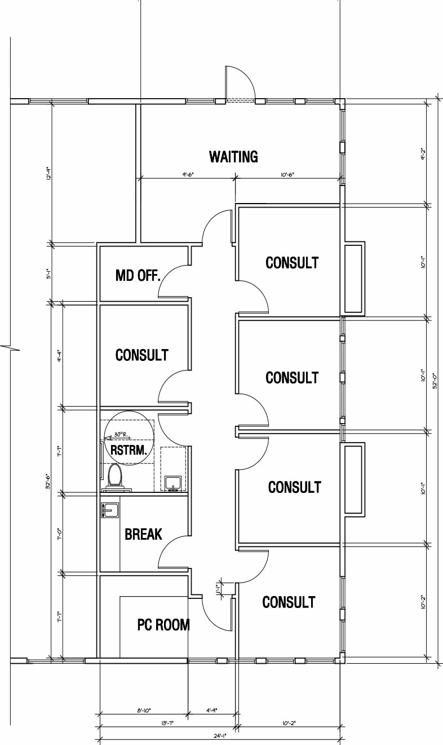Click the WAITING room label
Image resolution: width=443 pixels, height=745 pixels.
233,156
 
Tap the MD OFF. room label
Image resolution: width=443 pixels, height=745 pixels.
138,276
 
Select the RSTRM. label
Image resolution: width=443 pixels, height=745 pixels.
129,449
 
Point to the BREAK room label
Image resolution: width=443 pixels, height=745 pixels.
143,534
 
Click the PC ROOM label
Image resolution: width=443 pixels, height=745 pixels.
163,624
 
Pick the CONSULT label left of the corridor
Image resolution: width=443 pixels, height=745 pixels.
141,355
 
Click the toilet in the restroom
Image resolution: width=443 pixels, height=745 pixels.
115,475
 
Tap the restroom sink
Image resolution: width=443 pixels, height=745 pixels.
173,483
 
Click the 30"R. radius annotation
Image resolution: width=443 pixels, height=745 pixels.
122,435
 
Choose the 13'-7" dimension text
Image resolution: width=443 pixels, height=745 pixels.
167,722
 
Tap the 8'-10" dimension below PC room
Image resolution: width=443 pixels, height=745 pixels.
143,711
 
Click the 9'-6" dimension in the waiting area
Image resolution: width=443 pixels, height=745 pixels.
188,175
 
